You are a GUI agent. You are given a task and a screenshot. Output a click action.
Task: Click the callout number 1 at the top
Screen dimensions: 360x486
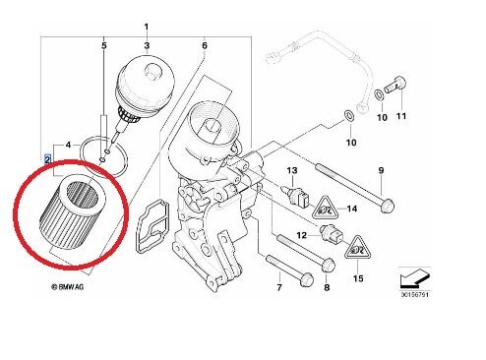(x=147, y=25)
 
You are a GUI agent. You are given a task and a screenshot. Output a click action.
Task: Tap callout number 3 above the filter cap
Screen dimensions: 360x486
(x=147, y=46)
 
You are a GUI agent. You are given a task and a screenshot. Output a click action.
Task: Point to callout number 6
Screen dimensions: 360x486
(x=205, y=46)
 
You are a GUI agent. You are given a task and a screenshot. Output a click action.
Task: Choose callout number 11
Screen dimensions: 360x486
(x=400, y=118)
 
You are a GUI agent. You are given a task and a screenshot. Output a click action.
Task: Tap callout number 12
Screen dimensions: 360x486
(x=303, y=237)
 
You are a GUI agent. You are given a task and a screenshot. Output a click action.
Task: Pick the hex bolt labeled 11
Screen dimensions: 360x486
(x=397, y=82)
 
